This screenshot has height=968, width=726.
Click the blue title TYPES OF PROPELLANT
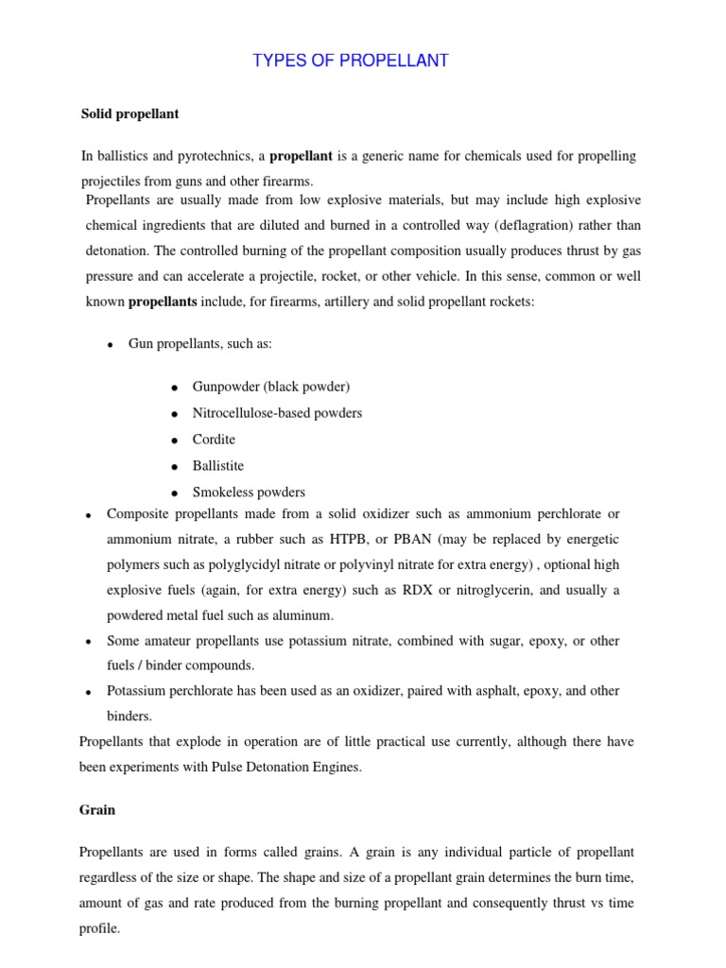[351, 61]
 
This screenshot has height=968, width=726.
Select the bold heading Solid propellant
[130, 113]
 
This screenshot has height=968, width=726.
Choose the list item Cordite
[214, 440]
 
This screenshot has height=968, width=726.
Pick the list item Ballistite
[218, 466]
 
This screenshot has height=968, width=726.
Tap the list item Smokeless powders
[249, 493]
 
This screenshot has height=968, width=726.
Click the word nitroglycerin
[478, 590]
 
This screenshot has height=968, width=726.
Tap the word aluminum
[302, 615]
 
